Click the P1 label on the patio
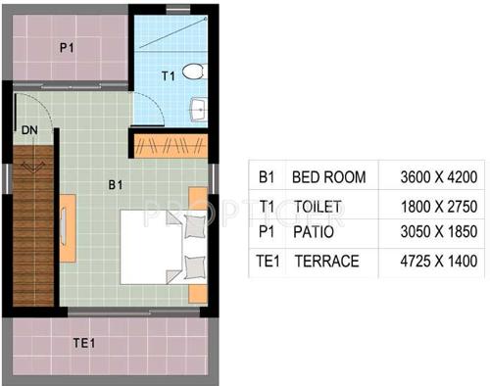click(67, 46)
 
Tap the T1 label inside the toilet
click(168, 74)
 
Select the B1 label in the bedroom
click(115, 183)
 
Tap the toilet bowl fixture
click(193, 71)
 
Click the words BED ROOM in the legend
click(329, 177)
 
